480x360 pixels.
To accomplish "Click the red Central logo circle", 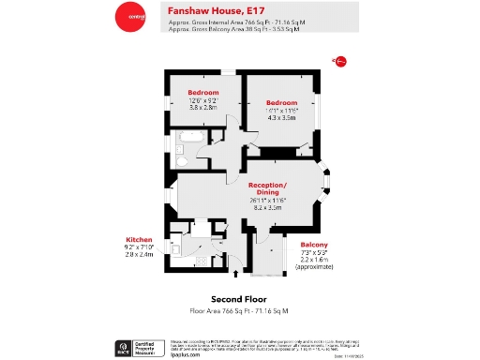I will click(x=129, y=16).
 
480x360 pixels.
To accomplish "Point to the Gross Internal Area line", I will click(x=235, y=22).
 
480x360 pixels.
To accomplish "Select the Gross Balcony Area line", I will click(x=234, y=29).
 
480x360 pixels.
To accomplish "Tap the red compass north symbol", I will click(x=338, y=62).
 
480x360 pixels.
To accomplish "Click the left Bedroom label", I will click(x=203, y=93).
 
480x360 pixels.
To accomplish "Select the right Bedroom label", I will click(x=281, y=102).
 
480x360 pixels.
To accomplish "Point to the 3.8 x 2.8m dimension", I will click(x=203, y=108).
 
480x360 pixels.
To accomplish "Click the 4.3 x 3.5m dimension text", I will click(x=281, y=117).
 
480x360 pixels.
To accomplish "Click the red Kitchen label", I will click(x=139, y=239).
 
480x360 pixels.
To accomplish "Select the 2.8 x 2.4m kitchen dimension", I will click(x=139, y=254).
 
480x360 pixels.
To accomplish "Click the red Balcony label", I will click(x=314, y=245).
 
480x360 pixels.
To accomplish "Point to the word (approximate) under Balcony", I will click(x=314, y=267).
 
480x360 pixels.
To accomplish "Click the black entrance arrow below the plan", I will click(x=235, y=276).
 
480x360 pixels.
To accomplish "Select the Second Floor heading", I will click(x=239, y=300).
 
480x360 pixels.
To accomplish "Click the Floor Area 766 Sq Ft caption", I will click(x=239, y=309).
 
